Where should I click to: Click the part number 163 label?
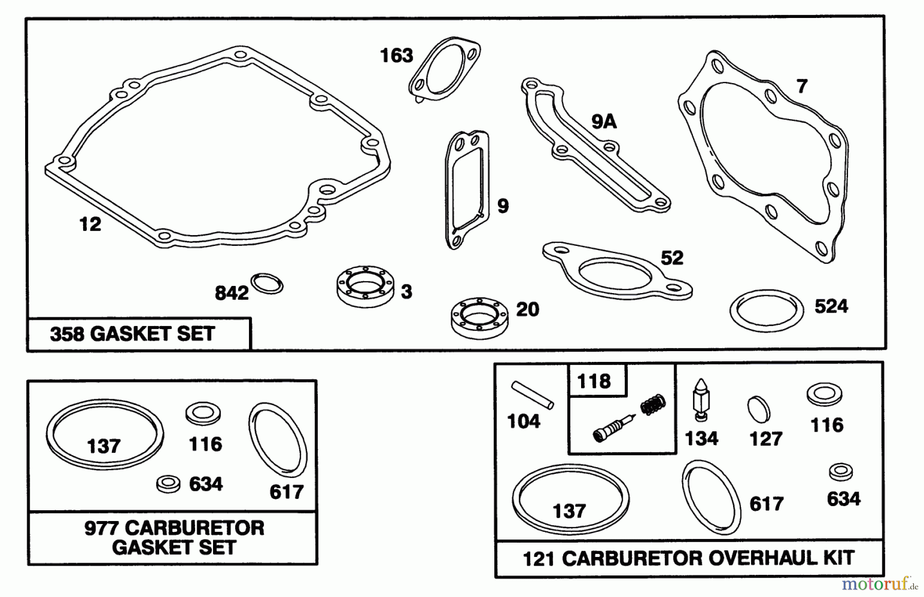[x=396, y=55]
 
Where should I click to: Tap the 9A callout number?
[x=604, y=122]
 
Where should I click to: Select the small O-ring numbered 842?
[x=267, y=284]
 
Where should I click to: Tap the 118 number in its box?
[x=594, y=381]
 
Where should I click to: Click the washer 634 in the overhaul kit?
[x=841, y=472]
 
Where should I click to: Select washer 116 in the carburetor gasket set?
[x=203, y=413]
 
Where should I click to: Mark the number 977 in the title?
[x=101, y=528]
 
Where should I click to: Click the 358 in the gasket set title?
[x=67, y=334]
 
